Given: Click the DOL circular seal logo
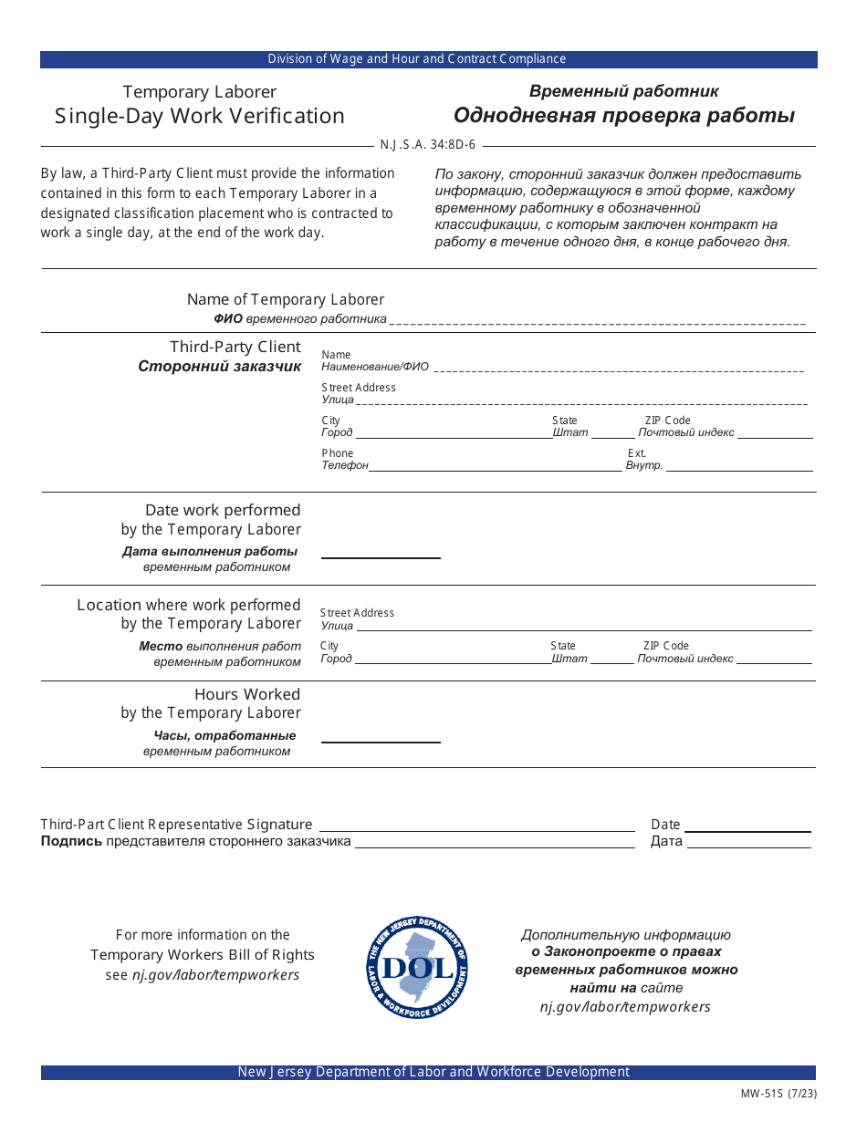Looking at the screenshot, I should (x=416, y=968).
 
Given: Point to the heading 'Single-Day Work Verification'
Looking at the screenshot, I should (x=200, y=116).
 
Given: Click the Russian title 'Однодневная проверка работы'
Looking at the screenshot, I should (x=624, y=116).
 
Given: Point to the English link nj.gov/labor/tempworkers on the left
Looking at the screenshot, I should (x=215, y=975).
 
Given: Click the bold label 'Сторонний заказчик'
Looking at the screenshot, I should (x=219, y=367).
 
